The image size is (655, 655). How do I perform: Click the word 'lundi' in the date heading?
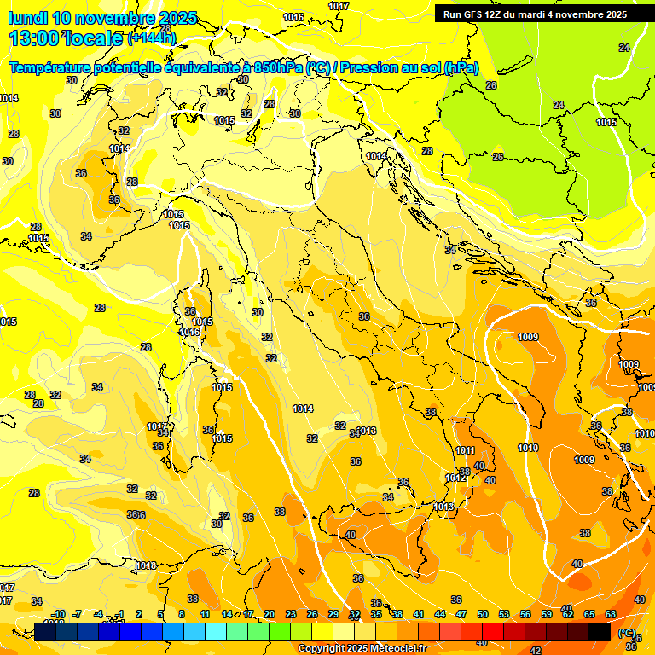[27, 18]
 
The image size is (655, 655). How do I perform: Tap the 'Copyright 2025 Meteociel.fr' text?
[362, 649]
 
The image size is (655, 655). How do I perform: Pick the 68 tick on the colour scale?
[611, 614]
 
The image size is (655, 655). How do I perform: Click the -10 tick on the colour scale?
[58, 614]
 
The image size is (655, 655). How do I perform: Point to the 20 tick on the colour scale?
[270, 614]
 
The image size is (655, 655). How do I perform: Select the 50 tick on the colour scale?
[483, 614]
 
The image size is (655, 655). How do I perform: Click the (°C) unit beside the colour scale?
[627, 633]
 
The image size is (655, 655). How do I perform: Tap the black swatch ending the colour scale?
[600, 631]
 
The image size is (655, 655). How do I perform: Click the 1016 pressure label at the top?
[293, 17]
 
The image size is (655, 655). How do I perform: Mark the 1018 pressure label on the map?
[146, 565]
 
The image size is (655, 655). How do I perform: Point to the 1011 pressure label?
[466, 450]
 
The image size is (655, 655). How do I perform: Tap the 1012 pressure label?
[455, 478]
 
